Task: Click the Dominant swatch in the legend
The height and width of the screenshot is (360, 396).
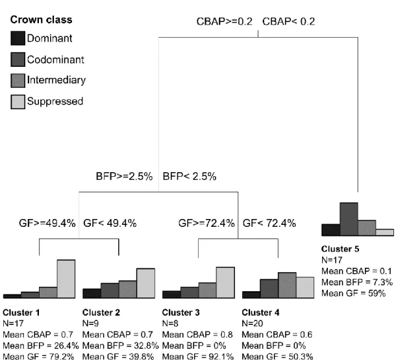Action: [x=18, y=38]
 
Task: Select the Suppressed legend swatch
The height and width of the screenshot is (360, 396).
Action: [x=18, y=102]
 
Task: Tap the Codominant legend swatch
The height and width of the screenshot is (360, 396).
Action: [x=18, y=59]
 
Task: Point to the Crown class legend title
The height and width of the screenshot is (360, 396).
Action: [x=41, y=19]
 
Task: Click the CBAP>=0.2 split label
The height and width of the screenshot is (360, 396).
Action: [x=224, y=21]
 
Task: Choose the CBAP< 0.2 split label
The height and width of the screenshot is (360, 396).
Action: [x=289, y=21]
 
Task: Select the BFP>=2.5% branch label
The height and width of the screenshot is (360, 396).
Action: [x=124, y=176]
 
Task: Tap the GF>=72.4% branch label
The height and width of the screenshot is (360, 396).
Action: [x=206, y=224]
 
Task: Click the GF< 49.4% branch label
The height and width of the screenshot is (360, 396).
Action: [x=110, y=224]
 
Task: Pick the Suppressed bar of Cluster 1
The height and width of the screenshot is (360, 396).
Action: [x=66, y=279]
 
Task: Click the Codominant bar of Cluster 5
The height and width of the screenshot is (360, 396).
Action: [x=349, y=219]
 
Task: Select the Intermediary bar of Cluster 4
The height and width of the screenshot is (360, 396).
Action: [x=287, y=285]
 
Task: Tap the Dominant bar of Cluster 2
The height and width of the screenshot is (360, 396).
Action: [x=92, y=294]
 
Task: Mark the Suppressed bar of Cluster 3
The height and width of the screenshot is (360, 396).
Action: [x=225, y=283]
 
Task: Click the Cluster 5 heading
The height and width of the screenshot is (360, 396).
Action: [x=340, y=249]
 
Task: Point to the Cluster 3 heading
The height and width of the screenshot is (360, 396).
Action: [x=181, y=313]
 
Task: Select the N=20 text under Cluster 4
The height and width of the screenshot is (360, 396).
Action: [x=253, y=324]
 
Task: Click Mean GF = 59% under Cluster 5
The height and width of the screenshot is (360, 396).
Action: [x=354, y=293]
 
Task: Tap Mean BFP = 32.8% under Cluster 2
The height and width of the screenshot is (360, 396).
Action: [x=121, y=345]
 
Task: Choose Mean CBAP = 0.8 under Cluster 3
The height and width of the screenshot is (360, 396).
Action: [x=197, y=335]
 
